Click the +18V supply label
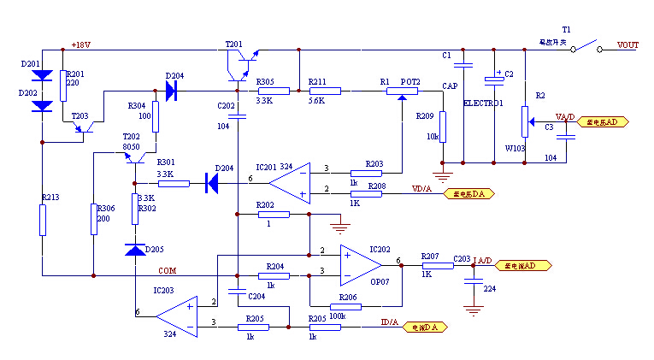(81, 44)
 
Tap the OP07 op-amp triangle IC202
(360, 265)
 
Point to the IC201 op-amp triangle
(289, 180)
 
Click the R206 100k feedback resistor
(348, 305)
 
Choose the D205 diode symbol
(134, 250)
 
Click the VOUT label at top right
(628, 46)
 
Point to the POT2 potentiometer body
(403, 91)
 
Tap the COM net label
(168, 270)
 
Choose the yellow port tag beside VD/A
(468, 194)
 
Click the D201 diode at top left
(43, 76)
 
